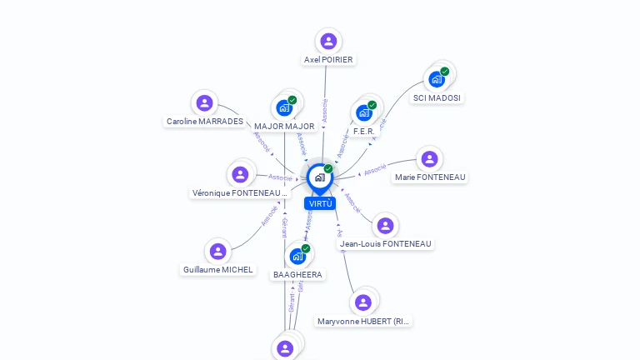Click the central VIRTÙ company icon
(319, 177)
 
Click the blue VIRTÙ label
(320, 203)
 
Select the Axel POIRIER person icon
(328, 41)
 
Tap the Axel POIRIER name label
(328, 60)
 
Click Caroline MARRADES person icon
(204, 103)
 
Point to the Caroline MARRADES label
(205, 122)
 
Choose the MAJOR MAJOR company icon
(284, 108)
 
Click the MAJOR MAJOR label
(284, 127)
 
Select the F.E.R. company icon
(363, 112)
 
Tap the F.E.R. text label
(365, 131)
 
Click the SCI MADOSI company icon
(436, 80)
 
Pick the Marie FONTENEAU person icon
(429, 159)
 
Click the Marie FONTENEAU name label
(430, 177)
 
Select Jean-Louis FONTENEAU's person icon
(385, 226)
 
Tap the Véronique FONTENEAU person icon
(240, 174)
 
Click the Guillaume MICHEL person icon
(217, 251)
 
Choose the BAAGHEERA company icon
(297, 257)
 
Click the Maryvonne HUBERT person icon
(362, 302)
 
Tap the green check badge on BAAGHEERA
(306, 248)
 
